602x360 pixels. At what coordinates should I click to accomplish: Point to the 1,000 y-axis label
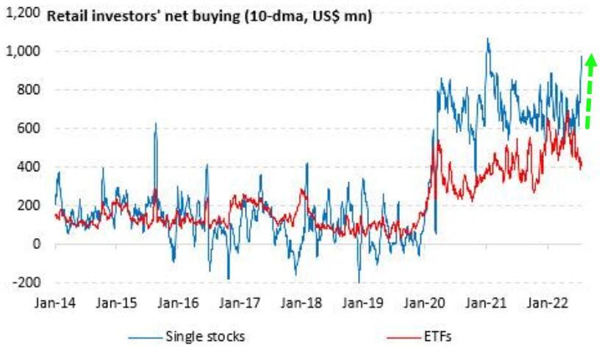(24, 51)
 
